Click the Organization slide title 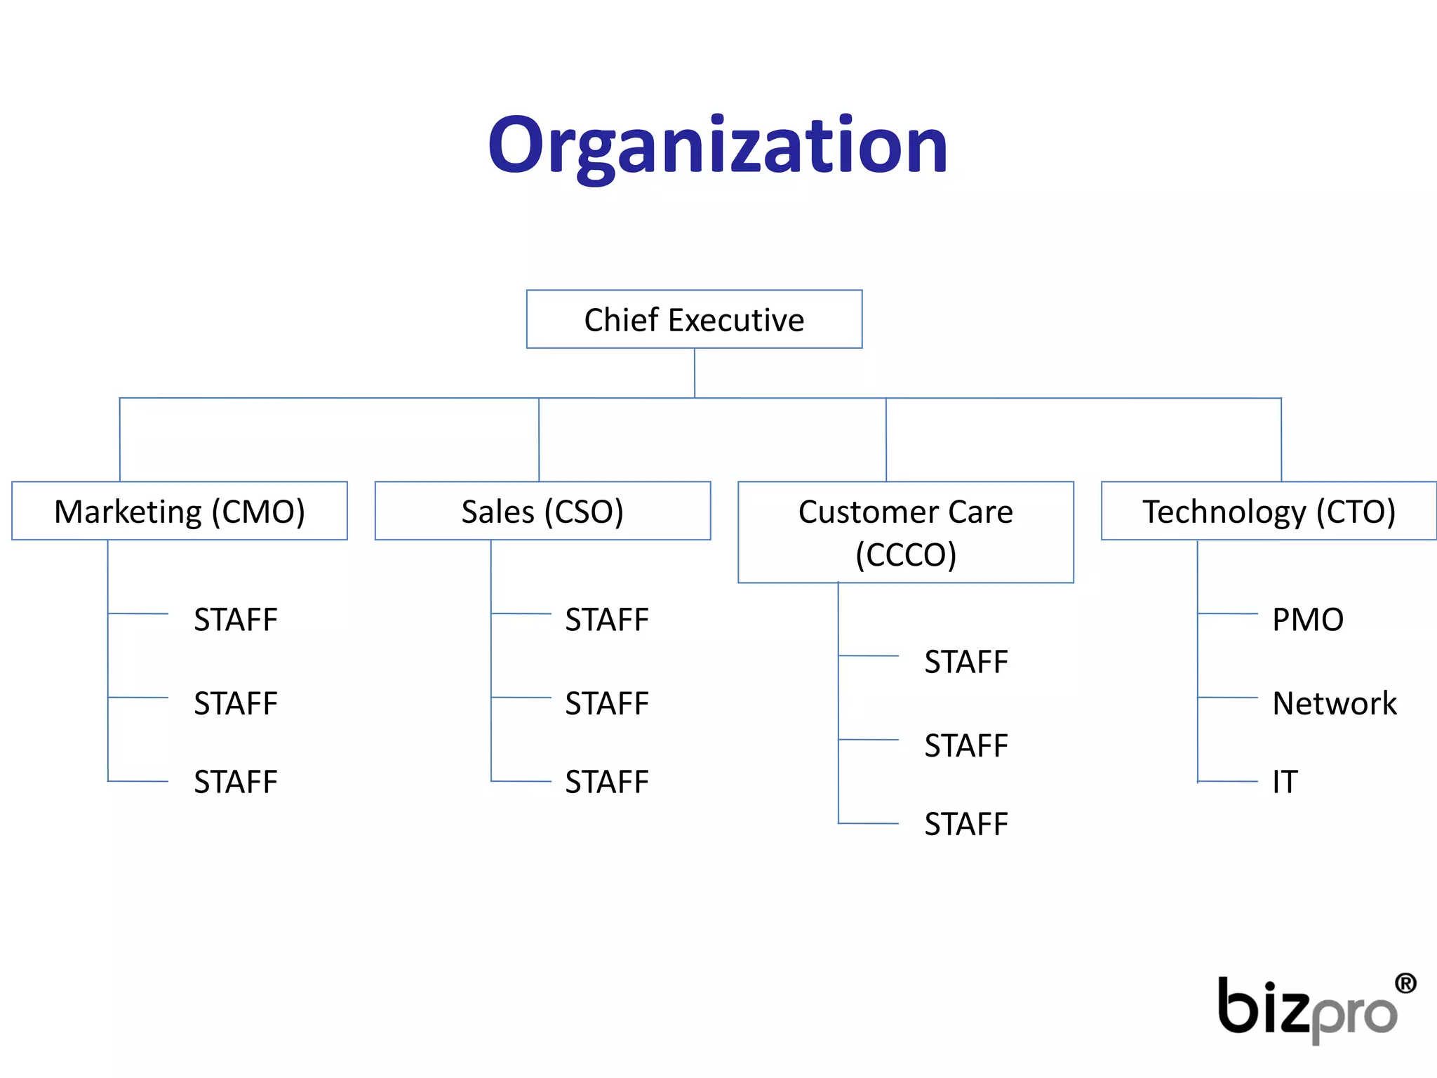tap(718, 146)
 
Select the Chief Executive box tap(694, 319)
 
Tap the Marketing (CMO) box tap(180, 511)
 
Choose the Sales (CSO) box tap(542, 511)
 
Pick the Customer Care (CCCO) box tap(905, 532)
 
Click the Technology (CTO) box tap(1269, 511)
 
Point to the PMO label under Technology tap(1308, 620)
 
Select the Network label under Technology tap(1335, 703)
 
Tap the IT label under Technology tap(1285, 782)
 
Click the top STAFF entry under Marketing tap(236, 620)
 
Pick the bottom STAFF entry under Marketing tap(236, 782)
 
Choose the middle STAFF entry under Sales tap(607, 703)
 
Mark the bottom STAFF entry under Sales tap(607, 782)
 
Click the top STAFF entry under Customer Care tap(966, 662)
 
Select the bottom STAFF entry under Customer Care tap(966, 824)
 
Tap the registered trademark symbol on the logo tap(1405, 983)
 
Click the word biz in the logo tap(1263, 1007)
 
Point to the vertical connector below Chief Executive tap(695, 373)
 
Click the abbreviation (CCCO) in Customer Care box tap(905, 554)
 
